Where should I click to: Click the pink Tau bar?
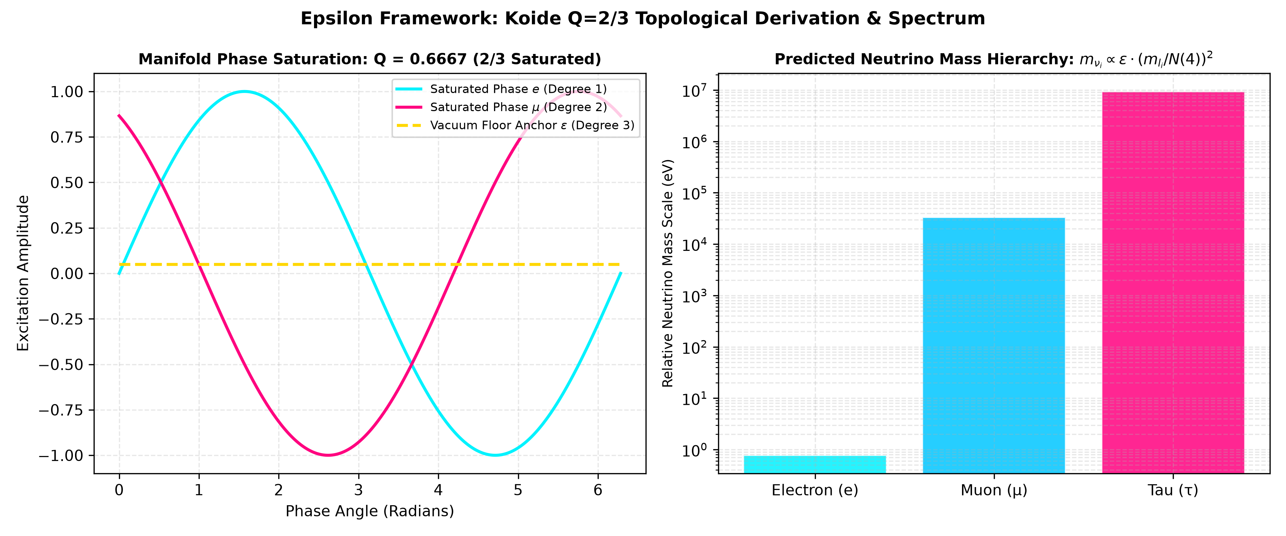[x=1173, y=283]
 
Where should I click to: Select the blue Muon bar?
[x=994, y=346]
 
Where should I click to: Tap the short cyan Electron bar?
[x=815, y=465]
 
